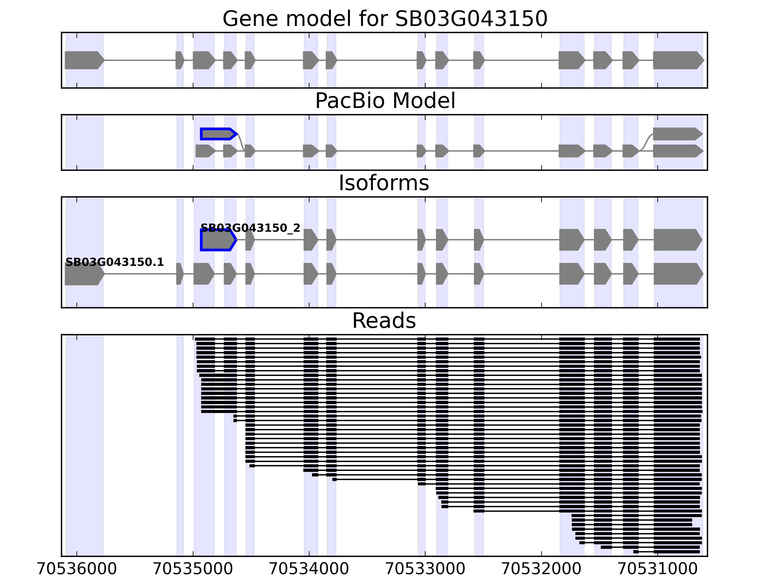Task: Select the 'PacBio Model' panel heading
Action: (x=385, y=101)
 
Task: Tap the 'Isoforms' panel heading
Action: (x=384, y=183)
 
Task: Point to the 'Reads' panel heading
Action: (x=384, y=321)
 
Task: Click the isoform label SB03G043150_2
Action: (x=250, y=228)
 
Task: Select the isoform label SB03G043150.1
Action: (x=114, y=262)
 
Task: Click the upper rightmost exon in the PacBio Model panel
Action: (x=677, y=134)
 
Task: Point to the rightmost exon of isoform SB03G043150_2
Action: (x=677, y=240)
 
